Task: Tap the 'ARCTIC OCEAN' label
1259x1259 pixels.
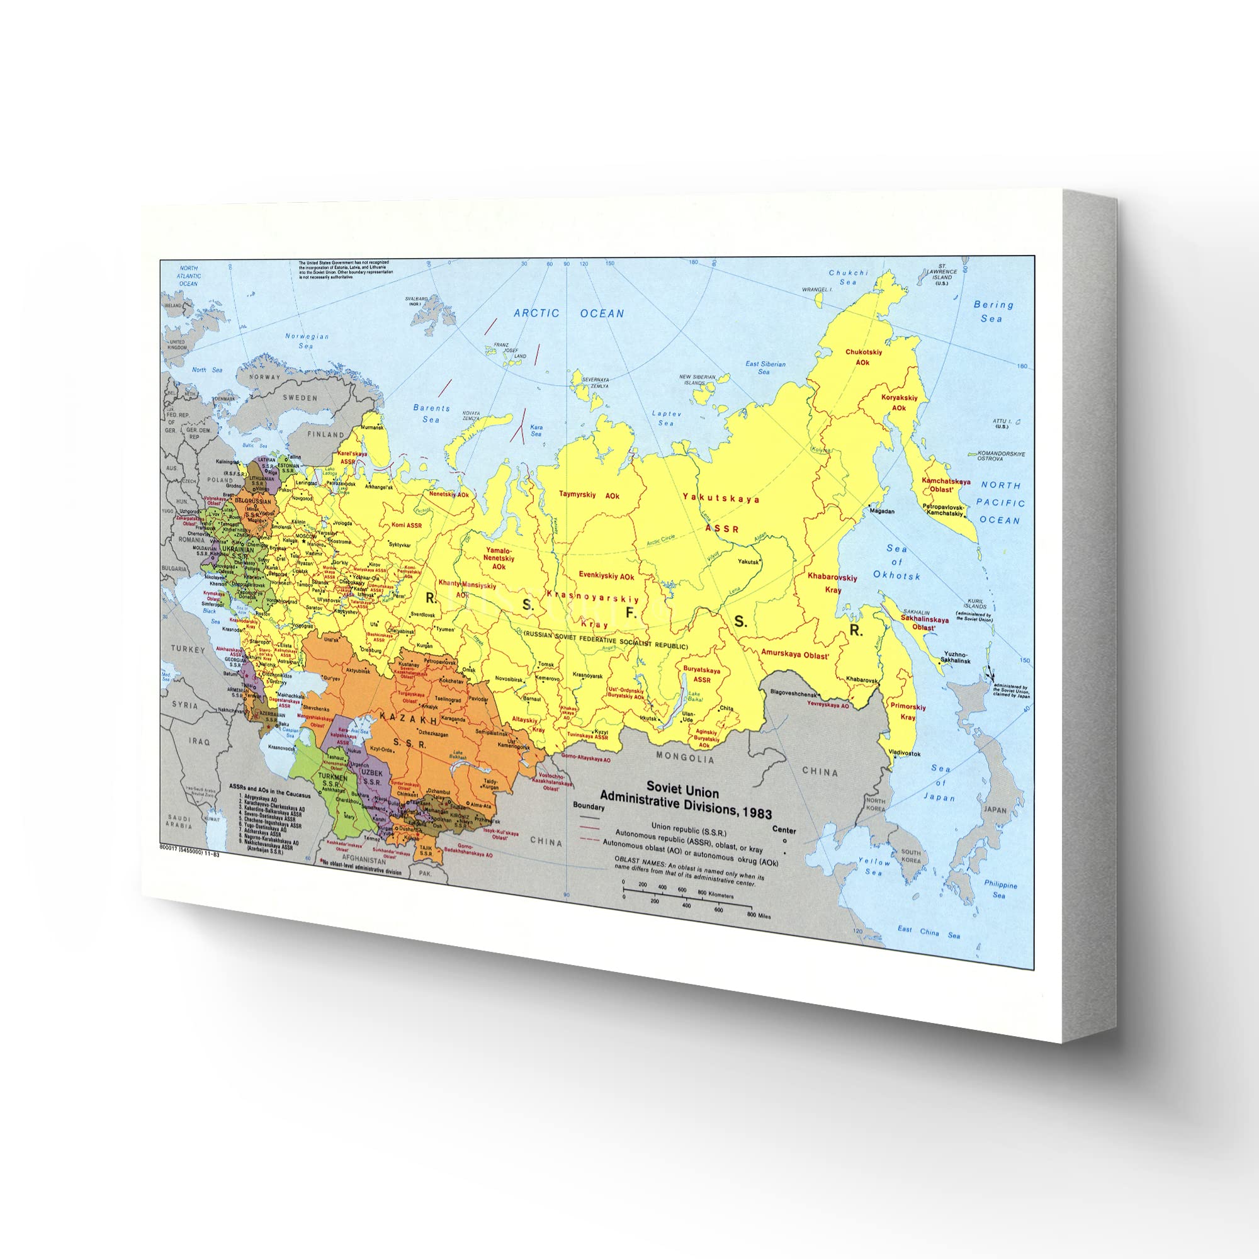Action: tap(569, 313)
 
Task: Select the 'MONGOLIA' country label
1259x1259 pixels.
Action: tap(685, 758)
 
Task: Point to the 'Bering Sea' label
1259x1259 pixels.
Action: tap(993, 312)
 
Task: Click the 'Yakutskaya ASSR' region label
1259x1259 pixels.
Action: tap(721, 513)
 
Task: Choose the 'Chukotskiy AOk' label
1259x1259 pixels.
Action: tap(864, 357)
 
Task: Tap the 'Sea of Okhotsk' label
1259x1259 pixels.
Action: tap(896, 562)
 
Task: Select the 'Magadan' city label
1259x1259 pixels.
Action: tap(882, 511)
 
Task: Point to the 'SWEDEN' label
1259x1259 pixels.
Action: tap(300, 397)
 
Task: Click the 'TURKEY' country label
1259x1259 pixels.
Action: tap(188, 649)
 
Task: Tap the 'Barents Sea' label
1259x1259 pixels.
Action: tap(431, 414)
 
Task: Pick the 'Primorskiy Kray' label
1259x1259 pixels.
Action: tap(908, 711)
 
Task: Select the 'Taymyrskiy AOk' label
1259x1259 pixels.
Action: tap(589, 495)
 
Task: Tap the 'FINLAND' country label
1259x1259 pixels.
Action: tap(326, 434)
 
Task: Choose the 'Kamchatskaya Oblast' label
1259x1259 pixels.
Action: tap(946, 485)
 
